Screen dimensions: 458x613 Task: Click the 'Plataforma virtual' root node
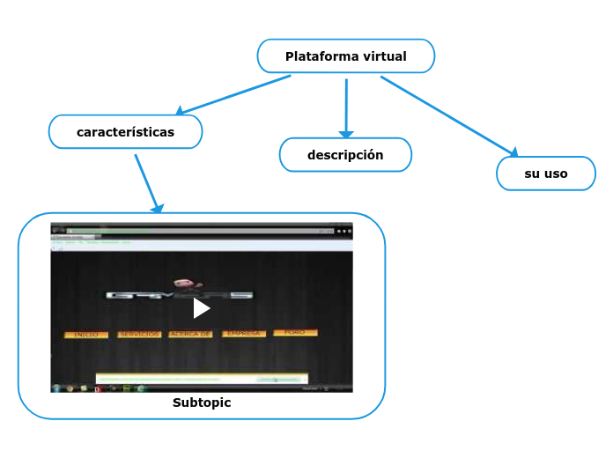tap(345, 56)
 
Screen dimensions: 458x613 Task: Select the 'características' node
tap(126, 132)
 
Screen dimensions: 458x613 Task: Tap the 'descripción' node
tap(345, 155)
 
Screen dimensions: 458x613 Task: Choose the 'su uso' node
tap(546, 174)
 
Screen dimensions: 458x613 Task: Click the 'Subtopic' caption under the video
tap(202, 403)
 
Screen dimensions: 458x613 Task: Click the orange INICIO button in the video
tap(86, 335)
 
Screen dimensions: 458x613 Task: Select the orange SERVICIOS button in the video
tap(139, 335)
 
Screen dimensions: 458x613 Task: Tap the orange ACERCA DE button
tap(190, 335)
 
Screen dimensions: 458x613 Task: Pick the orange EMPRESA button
tap(243, 334)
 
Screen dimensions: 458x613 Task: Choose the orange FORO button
tap(295, 333)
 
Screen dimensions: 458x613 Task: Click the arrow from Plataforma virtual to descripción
tap(346, 107)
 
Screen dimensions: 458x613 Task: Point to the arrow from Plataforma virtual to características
tap(233, 95)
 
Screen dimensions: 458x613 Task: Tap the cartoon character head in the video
tap(184, 284)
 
